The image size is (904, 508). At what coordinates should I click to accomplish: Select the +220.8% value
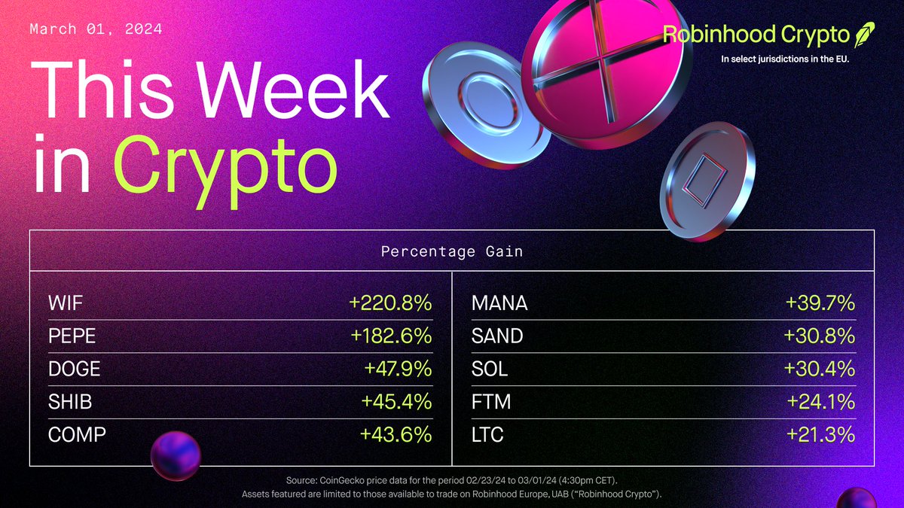390,304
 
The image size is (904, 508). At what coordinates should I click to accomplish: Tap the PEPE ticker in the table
72,336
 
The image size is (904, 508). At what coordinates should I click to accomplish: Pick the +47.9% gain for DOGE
396,370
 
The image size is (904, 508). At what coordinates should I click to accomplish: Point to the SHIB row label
69,402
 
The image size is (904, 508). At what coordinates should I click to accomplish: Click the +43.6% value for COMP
396,434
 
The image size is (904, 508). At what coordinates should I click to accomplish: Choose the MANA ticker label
499,304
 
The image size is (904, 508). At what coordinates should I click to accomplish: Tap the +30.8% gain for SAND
820,336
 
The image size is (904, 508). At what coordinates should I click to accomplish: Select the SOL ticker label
490,370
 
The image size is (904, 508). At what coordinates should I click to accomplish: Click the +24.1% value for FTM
820,402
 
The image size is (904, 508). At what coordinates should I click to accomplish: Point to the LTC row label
487,434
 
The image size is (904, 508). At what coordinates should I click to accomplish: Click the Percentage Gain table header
452,251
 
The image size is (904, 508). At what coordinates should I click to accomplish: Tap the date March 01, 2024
96,30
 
